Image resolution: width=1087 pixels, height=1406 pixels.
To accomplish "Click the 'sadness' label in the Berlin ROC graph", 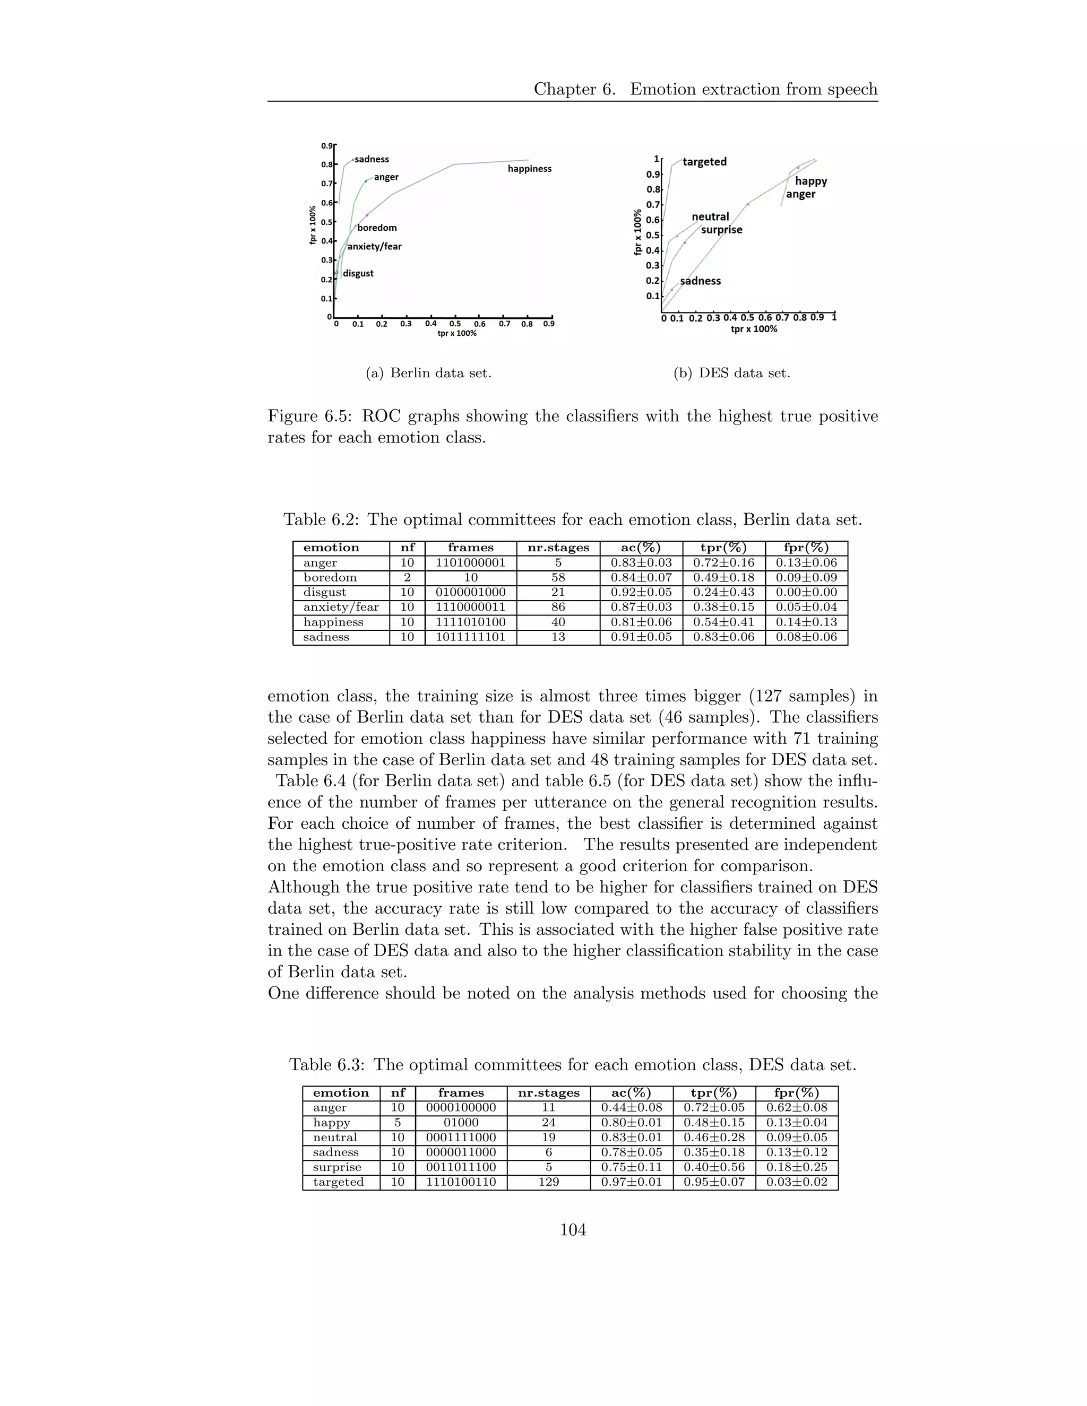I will click(x=372, y=159).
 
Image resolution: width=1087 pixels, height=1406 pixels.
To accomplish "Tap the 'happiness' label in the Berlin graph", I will click(x=529, y=169).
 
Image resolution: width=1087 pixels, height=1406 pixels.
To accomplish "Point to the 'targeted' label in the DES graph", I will click(x=704, y=162).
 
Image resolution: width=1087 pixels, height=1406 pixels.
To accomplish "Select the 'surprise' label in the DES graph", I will click(x=721, y=230).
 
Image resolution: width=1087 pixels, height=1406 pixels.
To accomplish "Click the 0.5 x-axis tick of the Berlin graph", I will click(x=455, y=324).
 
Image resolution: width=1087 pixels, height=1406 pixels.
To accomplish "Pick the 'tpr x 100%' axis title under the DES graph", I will click(x=754, y=329).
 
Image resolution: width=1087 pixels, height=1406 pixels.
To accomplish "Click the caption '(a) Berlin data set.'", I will click(x=428, y=373).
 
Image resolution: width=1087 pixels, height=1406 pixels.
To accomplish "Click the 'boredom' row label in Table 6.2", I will click(x=330, y=577).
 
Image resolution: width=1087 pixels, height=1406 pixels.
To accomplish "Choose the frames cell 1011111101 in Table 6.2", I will click(x=471, y=637).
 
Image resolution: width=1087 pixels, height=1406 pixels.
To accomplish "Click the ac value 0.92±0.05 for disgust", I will click(x=641, y=592).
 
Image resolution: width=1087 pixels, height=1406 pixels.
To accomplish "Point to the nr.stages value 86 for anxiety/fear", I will click(x=558, y=607).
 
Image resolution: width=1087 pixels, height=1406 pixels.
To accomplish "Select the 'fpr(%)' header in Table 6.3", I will click(x=797, y=1092).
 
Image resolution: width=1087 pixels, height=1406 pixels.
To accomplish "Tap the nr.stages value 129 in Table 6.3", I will click(x=549, y=1182).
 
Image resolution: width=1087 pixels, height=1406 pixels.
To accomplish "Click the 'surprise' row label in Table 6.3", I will click(x=337, y=1167).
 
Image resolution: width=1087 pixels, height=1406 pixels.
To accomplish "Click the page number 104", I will click(x=573, y=1230).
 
